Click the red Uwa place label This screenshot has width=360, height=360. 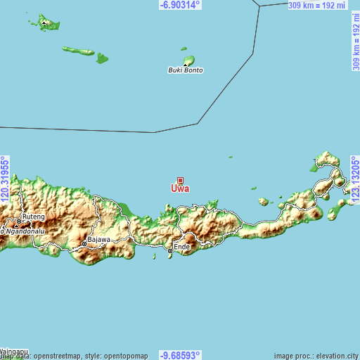180,188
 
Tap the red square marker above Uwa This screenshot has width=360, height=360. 180,180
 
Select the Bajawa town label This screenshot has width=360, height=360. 99,239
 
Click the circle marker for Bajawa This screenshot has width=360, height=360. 84,243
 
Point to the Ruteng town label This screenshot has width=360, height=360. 34,217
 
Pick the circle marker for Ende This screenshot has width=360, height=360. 170,250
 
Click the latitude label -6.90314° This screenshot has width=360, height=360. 180,5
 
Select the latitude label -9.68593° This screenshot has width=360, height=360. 180,355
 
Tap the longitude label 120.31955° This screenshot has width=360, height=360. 5,180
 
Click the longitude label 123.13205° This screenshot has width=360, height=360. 355,180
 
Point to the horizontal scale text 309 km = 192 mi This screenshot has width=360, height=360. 317,5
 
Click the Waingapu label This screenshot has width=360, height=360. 14,349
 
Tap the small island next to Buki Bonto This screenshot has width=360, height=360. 188,60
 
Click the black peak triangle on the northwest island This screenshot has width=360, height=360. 45,22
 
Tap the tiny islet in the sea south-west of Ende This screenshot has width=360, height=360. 154,256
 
